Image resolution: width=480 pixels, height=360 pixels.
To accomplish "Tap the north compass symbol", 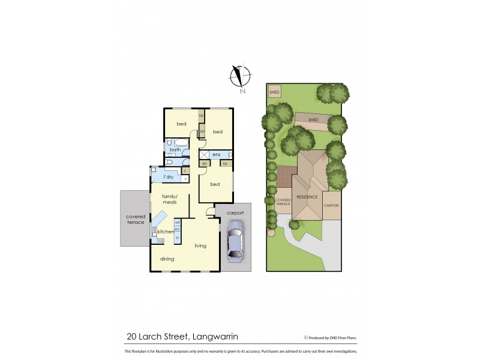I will click(x=240, y=77).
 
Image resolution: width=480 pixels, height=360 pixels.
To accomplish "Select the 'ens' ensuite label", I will click(x=217, y=155).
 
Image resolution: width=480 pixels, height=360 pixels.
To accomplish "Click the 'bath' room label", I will click(x=175, y=149).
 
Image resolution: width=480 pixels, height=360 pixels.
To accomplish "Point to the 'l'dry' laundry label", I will click(x=169, y=177).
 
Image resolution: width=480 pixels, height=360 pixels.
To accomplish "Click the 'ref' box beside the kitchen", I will click(x=178, y=223).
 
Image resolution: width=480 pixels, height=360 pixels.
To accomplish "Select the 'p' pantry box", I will click(x=178, y=238).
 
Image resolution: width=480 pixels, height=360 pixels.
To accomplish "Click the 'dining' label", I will click(x=167, y=259).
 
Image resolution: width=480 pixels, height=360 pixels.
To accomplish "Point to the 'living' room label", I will click(x=200, y=245).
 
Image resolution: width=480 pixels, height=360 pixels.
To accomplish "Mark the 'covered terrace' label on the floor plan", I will click(x=135, y=219).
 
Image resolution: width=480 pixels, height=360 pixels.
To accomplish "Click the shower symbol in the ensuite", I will click(x=204, y=155).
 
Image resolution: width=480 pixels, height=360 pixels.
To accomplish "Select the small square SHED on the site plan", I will click(x=274, y=92).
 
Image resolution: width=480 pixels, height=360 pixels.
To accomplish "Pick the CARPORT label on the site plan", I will click(x=332, y=206).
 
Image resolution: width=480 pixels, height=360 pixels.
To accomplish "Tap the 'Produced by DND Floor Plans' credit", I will click(x=333, y=337).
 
